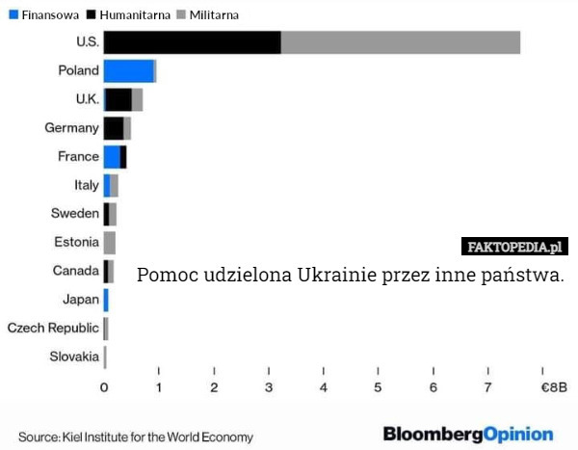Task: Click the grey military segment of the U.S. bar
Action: click(x=400, y=42)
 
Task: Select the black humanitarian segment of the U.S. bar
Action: click(x=192, y=42)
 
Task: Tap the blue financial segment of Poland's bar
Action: click(x=128, y=71)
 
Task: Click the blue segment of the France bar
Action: click(x=112, y=157)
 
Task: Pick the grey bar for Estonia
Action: click(x=110, y=243)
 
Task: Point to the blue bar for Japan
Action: click(x=106, y=300)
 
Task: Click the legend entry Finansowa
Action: click(x=43, y=15)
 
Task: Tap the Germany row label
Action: click(x=71, y=128)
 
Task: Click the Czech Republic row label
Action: click(x=53, y=329)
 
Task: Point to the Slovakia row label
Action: click(x=74, y=357)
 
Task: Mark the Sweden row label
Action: click(x=74, y=214)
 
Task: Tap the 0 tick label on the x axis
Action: click(x=104, y=387)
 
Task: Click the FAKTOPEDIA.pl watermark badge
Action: click(x=514, y=247)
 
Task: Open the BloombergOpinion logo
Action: click(x=468, y=435)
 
